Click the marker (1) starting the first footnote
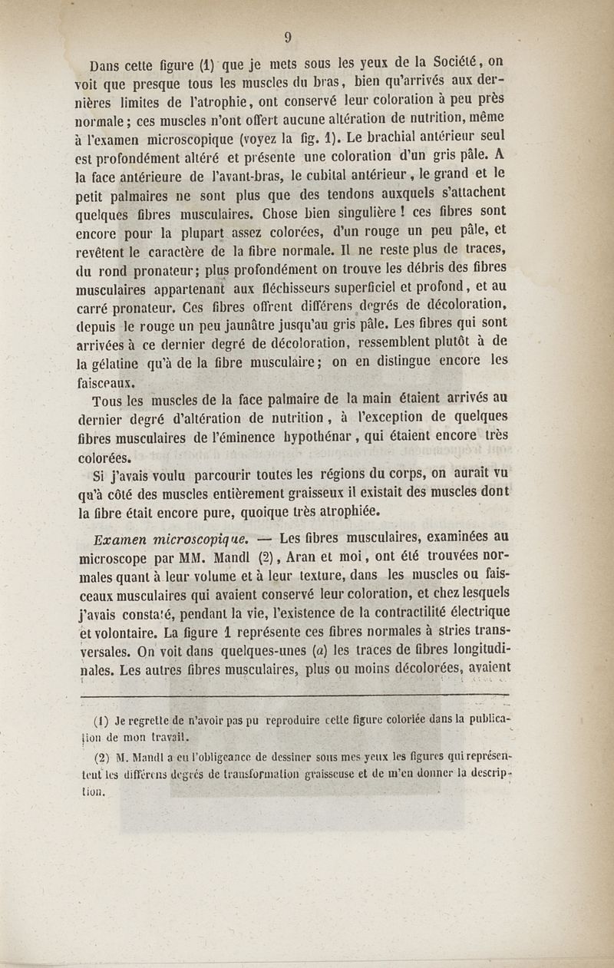pos(101,721)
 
